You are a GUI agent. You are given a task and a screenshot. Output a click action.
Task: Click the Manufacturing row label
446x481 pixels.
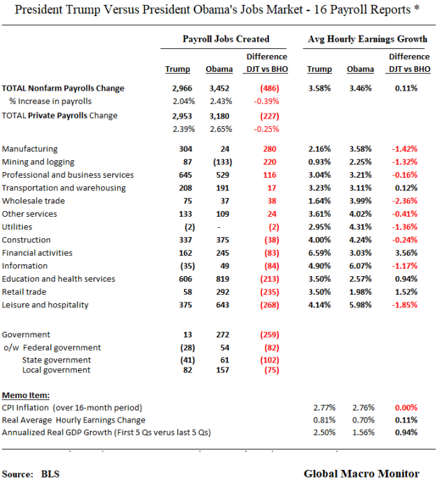tap(30, 149)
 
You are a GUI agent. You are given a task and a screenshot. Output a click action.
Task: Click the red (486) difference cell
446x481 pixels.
tap(270, 89)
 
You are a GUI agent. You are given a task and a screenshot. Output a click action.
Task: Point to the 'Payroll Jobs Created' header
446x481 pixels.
tap(226, 39)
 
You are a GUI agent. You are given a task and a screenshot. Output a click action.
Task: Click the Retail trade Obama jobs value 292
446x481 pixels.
tap(219, 292)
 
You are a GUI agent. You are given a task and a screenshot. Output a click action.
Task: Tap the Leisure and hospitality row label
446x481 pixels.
tap(45, 305)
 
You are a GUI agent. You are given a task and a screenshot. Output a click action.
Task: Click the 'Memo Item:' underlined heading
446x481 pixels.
tap(26, 394)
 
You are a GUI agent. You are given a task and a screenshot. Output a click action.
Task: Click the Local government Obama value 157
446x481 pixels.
tap(219, 369)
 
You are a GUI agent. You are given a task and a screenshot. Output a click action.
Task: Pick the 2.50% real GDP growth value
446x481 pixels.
tap(321, 432)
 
